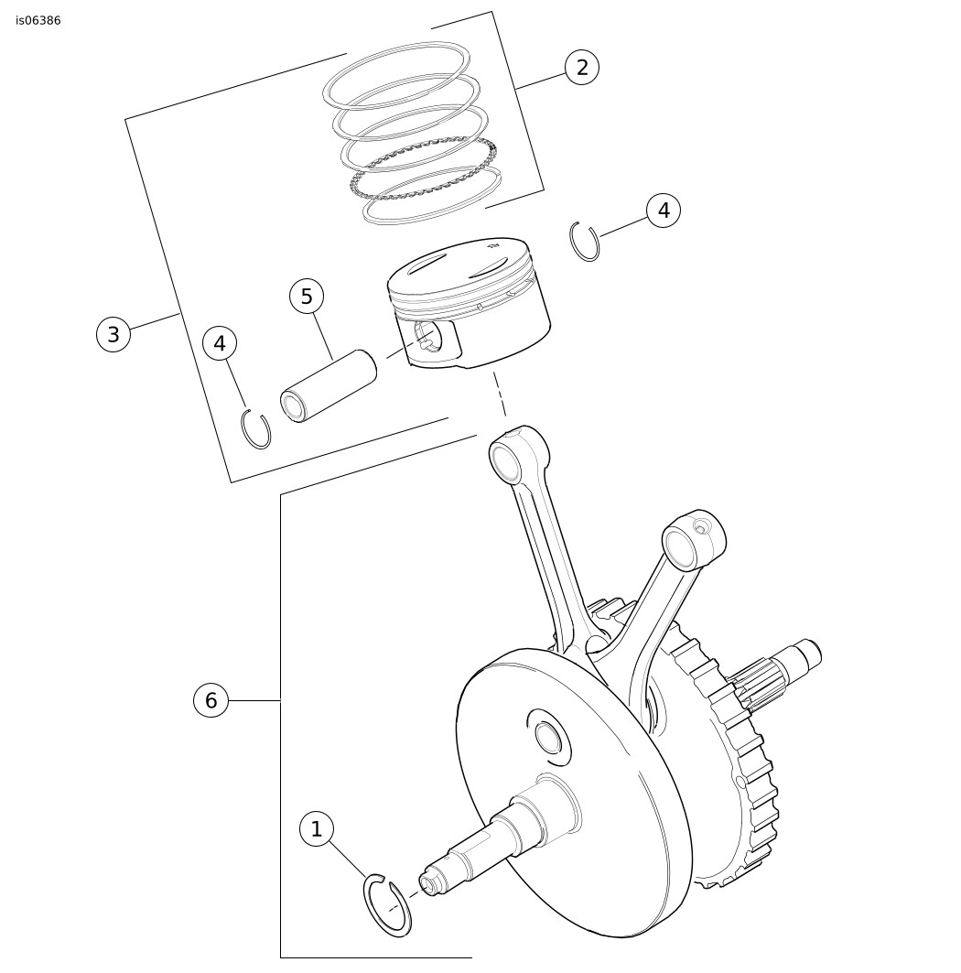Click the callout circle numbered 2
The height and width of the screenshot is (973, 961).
pyautogui.click(x=581, y=67)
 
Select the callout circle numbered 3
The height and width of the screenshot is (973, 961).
pyautogui.click(x=113, y=334)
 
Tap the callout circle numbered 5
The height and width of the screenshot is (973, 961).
pyautogui.click(x=307, y=297)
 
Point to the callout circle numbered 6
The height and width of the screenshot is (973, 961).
pyautogui.click(x=211, y=700)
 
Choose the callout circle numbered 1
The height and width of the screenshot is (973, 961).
pyautogui.click(x=317, y=829)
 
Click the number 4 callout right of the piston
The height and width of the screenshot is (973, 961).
pyautogui.click(x=664, y=211)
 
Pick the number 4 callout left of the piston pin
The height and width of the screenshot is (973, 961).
pyautogui.click(x=221, y=343)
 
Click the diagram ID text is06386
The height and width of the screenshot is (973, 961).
pyautogui.click(x=38, y=20)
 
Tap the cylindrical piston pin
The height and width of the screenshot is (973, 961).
pyautogui.click(x=329, y=386)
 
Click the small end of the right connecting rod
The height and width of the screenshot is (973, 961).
pyautogui.click(x=693, y=540)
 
